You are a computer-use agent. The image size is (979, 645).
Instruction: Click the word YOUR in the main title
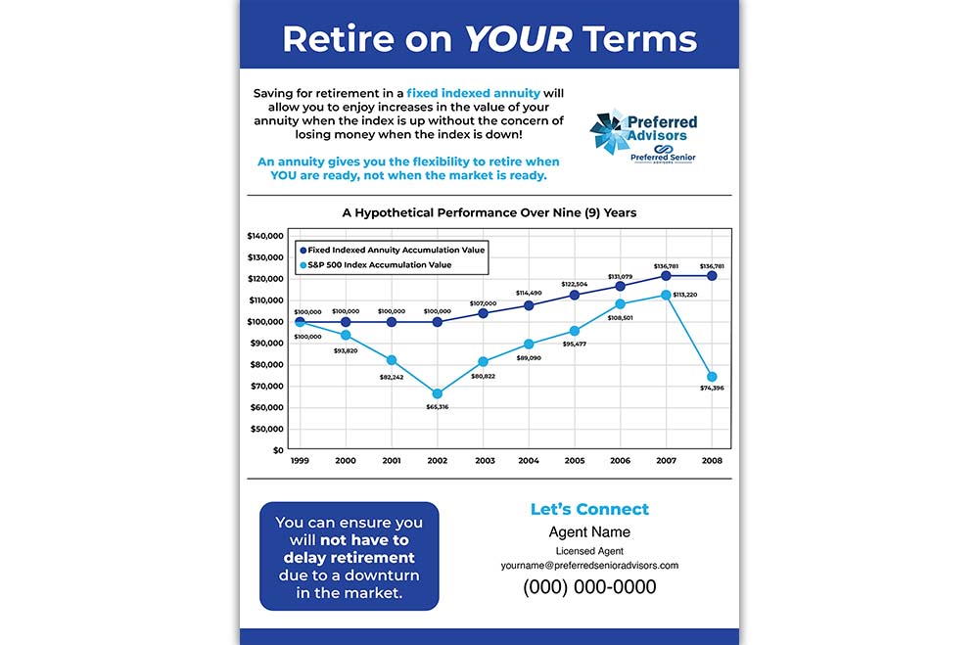click(517, 39)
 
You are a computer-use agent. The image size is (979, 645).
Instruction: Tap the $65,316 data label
click(438, 406)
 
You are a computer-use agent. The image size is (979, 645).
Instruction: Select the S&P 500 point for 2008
click(712, 377)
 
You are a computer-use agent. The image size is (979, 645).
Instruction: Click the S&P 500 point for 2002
click(438, 393)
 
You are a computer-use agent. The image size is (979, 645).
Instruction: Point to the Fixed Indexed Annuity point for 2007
click(666, 276)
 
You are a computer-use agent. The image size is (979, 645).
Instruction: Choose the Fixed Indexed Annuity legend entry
click(395, 250)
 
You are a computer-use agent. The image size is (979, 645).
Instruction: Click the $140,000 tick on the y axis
click(264, 236)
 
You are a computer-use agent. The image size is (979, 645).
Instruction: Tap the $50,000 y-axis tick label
click(266, 429)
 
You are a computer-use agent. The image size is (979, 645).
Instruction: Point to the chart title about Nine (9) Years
click(489, 211)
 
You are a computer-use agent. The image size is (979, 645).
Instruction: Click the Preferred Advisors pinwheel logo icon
click(608, 132)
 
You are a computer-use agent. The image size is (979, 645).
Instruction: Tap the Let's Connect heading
click(589, 509)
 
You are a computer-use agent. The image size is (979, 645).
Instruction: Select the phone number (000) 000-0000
click(589, 587)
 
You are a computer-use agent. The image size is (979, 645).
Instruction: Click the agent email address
click(589, 565)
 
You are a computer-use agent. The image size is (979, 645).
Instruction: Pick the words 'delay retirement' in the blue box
click(350, 558)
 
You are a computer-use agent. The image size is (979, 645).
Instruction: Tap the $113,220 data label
click(685, 295)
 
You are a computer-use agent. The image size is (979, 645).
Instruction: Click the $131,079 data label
click(621, 277)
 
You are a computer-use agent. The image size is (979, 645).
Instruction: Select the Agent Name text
click(589, 532)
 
